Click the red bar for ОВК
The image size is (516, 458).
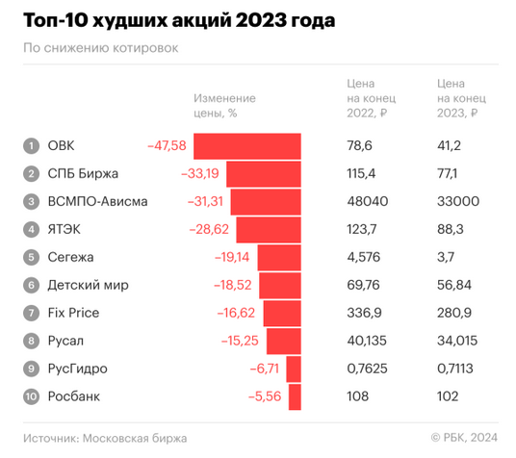[247, 146]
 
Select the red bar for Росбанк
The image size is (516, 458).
[295, 396]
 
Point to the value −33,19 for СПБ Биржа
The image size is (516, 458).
[200, 174]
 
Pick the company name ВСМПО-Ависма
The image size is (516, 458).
[92, 202]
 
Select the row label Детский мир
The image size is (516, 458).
[87, 286]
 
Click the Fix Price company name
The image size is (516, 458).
[73, 313]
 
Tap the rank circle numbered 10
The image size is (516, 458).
[32, 396]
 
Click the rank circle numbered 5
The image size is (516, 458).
[32, 258]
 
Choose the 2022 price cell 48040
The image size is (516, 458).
[368, 202]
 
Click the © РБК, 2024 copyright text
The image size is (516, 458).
[464, 438]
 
